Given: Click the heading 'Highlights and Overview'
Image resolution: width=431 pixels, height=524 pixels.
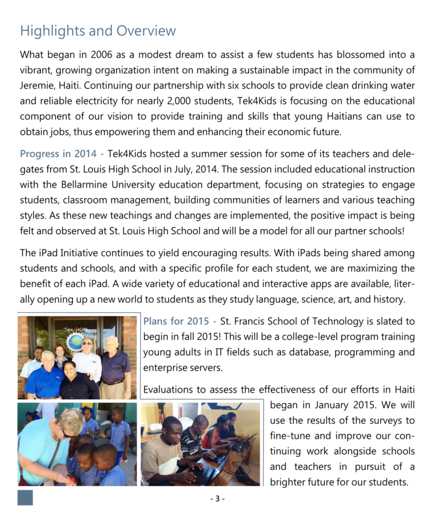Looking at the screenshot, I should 98,31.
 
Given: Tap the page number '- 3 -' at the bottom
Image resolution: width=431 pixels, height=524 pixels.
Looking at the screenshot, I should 217,498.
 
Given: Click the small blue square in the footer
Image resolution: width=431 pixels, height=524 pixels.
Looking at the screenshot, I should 25,498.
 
